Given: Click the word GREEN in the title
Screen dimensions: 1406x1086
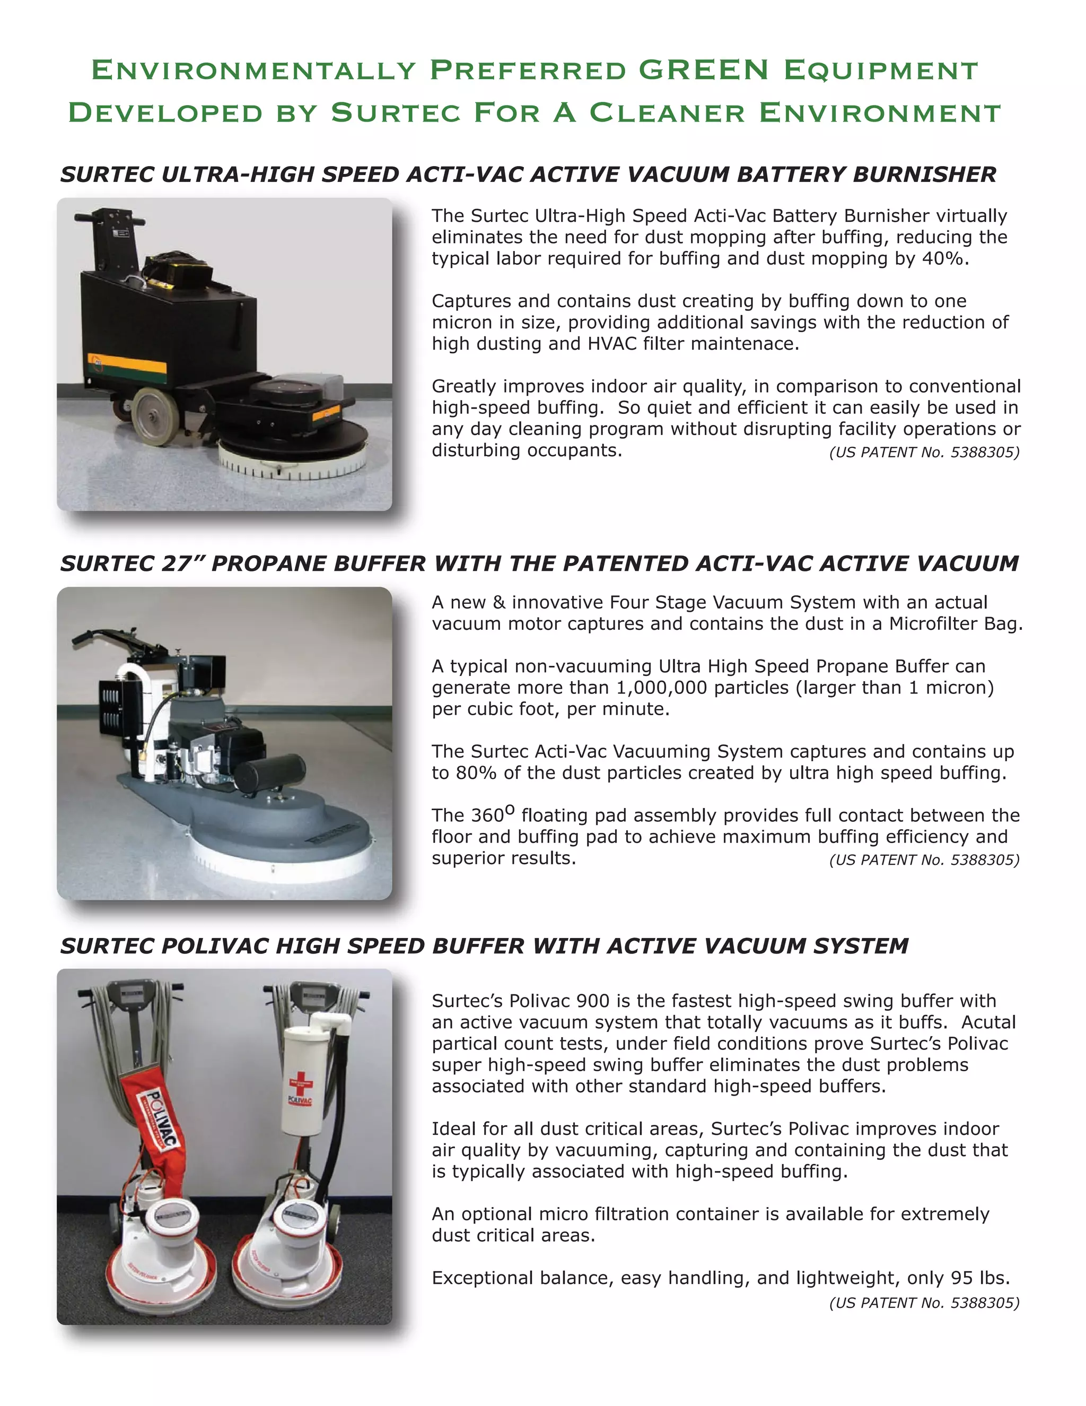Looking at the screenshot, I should [x=704, y=70].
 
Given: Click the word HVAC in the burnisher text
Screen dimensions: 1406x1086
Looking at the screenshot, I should [x=612, y=344].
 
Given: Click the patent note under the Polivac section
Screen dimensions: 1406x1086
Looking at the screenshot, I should [x=924, y=1303].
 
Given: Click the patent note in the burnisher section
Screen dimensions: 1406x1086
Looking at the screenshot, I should [x=924, y=453].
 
